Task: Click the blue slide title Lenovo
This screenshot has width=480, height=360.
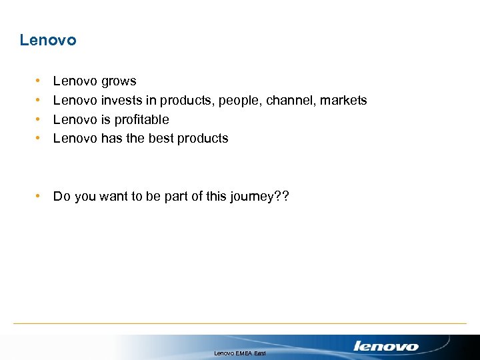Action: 48,40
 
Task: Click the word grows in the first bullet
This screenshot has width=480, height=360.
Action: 119,81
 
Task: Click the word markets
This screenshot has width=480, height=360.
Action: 343,100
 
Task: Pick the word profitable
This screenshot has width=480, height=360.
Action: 142,119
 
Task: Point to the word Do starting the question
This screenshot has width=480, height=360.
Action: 61,196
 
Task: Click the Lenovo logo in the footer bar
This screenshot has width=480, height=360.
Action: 386,346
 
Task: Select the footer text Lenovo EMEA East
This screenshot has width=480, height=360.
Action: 240,353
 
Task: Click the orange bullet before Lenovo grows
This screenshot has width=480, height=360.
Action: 38,81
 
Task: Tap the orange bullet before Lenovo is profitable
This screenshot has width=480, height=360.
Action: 38,119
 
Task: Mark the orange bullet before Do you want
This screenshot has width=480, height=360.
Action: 38,196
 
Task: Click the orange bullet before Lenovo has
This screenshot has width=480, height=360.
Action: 38,138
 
